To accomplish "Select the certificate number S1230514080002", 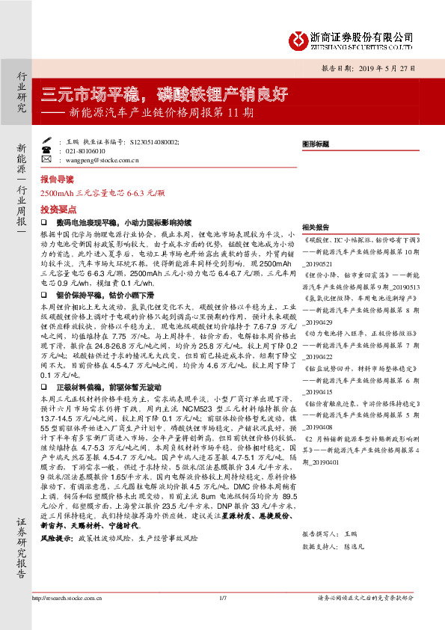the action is coord(153,141).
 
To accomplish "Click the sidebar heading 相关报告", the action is coord(315,227).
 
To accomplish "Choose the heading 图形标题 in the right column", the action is coord(315,142).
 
